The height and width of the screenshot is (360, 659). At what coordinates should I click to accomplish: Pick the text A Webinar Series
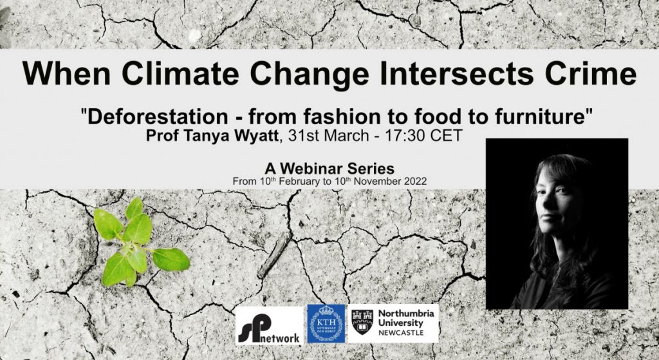pos(329,169)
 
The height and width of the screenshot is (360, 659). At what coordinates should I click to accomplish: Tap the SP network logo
pos(269,325)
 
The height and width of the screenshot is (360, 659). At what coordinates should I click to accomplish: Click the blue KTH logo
pos(326,324)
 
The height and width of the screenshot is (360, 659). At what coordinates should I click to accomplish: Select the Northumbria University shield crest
pos(362,322)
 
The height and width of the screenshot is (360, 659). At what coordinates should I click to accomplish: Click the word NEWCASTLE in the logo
pos(401,333)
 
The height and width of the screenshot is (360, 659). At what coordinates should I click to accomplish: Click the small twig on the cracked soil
pos(274,255)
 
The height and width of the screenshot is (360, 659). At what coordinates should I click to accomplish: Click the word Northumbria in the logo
pos(406,314)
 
